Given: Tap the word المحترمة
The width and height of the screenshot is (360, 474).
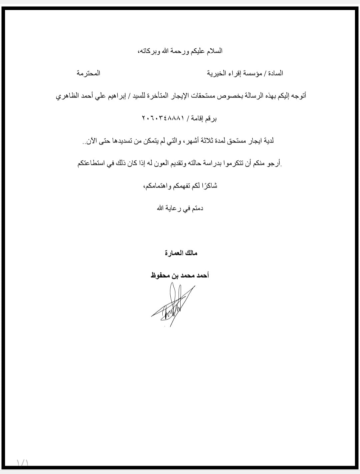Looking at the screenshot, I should tap(88, 73).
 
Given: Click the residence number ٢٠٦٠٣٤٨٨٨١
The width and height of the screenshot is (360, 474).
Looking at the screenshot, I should tap(163, 118).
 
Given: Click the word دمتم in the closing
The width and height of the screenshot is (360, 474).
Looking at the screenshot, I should tap(196, 208).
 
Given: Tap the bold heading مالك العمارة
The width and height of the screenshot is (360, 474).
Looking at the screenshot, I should tap(181, 253).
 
